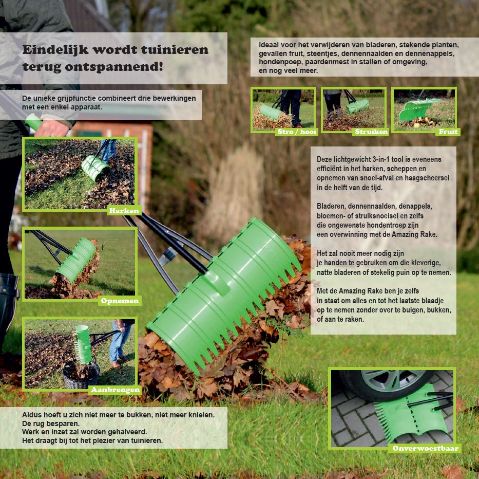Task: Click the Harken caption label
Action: pyautogui.click(x=124, y=211)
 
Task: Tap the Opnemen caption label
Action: pyautogui.click(x=120, y=301)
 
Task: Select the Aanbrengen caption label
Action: pyautogui.click(x=115, y=390)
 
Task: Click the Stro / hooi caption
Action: pyautogui.click(x=297, y=132)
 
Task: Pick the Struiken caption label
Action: pyautogui.click(x=371, y=132)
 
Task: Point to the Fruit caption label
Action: pyautogui.click(x=448, y=132)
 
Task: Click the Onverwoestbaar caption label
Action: pyautogui.click(x=425, y=448)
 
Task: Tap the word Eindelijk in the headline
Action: pyautogui.click(x=55, y=49)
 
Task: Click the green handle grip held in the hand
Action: pyautogui.click(x=33, y=122)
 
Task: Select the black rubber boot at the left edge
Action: pyautogui.click(x=8, y=309)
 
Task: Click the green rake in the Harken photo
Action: pyautogui.click(x=94, y=168)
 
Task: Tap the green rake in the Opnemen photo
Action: pyautogui.click(x=76, y=260)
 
